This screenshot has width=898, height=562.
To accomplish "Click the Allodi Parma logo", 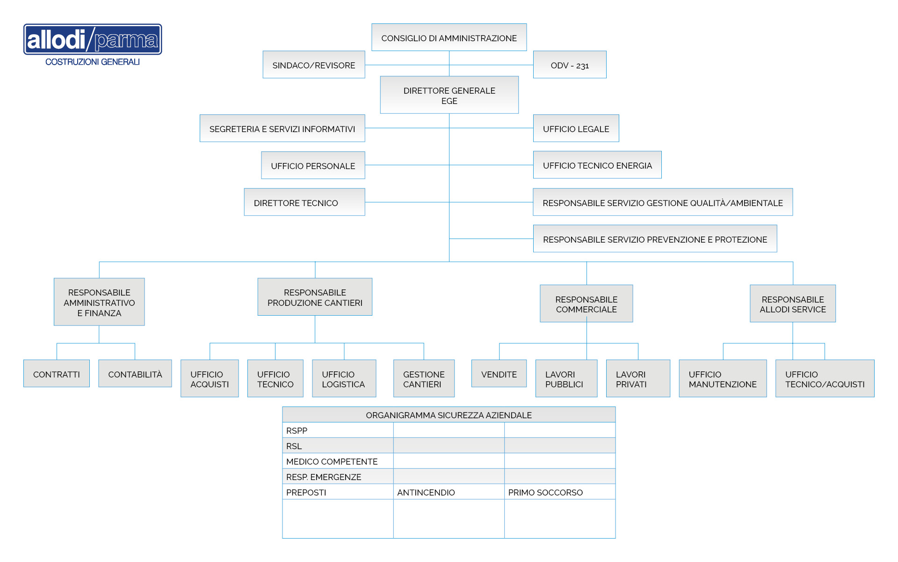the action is coord(93,45).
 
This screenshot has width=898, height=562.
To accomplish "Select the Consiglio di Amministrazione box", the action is coord(449,37).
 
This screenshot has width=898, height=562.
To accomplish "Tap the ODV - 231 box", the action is coord(570,65).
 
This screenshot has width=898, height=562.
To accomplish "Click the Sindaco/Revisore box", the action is coord(314,65).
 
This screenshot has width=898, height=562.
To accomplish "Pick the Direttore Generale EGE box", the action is coord(449,95).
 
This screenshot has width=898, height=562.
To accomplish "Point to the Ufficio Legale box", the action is coord(576,128).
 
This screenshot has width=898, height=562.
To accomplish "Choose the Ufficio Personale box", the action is coord(313,165).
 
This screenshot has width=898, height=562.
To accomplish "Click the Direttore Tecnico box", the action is coord(304,202).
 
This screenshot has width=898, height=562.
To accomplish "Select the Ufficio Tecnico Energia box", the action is coord(597,165).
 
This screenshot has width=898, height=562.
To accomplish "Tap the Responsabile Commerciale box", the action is coord(587,303).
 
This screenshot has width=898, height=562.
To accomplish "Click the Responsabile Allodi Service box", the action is coord(793,303).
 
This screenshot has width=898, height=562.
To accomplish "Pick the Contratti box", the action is coord(57,374).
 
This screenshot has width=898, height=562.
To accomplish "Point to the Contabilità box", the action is coord(135,374).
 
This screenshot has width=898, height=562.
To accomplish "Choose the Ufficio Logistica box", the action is coord(344,378).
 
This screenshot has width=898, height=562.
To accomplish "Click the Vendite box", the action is coord(499,374).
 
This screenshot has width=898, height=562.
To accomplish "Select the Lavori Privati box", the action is coord(638,378).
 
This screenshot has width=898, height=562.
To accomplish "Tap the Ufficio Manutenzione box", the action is coord(723,378).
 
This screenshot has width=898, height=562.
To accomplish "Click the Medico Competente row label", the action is coord(332,461).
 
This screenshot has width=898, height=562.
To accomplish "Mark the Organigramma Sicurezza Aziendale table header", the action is coord(449,415).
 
